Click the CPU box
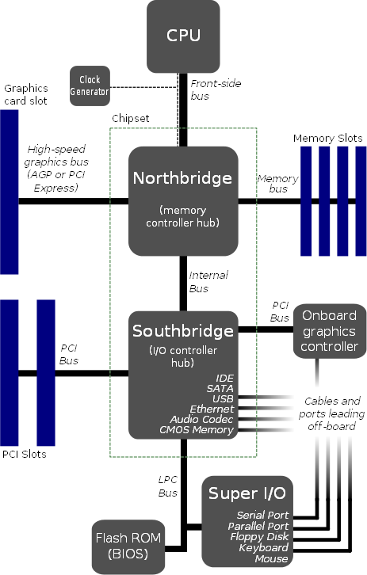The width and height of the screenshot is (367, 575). click(183, 35)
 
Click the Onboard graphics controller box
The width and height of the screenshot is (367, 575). click(330, 330)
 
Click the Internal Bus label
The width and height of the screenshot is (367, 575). click(208, 281)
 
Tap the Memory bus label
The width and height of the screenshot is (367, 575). click(277, 184)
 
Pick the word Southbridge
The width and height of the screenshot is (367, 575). click(183, 329)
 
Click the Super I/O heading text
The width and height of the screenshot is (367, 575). click(248, 493)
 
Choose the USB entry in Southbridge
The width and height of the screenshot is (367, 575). click(222, 398)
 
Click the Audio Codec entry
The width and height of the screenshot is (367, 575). click(202, 419)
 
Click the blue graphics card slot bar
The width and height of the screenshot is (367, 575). click(9, 191)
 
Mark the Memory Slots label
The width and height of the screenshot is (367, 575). click(327, 139)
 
